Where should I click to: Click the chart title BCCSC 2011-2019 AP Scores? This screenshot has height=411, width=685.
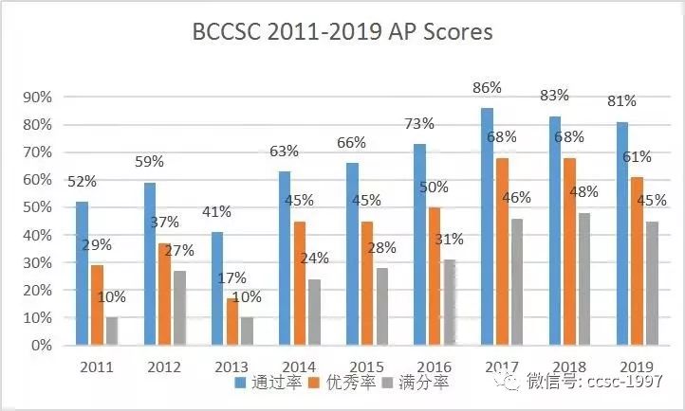tap(342, 32)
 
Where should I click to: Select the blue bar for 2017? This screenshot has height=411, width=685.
tap(487, 226)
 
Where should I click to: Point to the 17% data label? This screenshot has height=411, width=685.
tap(231, 278)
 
